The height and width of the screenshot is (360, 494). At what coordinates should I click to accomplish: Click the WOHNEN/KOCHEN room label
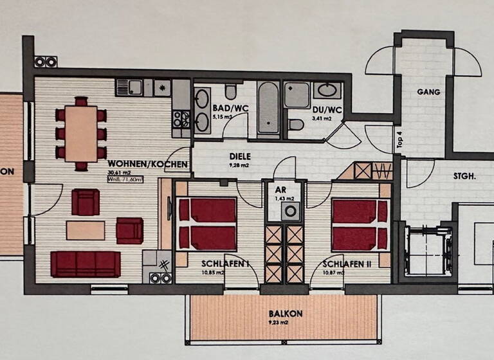point(148,164)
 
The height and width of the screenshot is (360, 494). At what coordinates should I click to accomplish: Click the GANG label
point(428,92)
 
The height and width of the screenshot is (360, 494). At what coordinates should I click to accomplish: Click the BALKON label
point(282,314)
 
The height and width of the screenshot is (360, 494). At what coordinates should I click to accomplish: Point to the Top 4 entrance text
point(399,139)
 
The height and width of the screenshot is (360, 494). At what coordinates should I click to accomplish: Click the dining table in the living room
point(81,134)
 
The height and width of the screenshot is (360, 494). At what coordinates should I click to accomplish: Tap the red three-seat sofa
point(85,264)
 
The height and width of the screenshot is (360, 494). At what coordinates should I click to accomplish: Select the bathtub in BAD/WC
point(269,109)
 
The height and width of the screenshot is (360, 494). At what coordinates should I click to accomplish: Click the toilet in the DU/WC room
point(296,124)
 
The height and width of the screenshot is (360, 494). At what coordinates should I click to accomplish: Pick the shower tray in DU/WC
point(297,94)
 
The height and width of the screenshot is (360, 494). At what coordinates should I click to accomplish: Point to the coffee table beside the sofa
point(86,230)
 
